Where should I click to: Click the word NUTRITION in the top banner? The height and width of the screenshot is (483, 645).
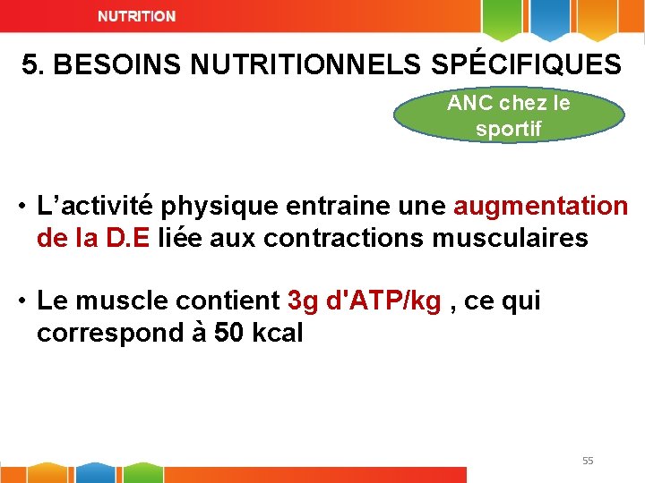click(x=137, y=17)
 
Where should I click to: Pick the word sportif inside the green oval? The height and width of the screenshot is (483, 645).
click(x=509, y=129)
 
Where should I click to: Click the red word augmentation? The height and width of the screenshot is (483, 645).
click(x=541, y=207)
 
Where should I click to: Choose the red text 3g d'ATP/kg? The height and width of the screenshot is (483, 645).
click(x=365, y=301)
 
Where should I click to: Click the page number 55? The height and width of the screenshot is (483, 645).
click(x=588, y=461)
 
